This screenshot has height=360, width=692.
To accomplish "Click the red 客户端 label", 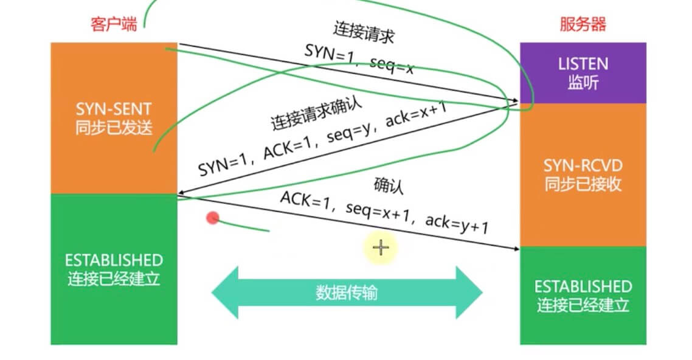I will click(x=114, y=25).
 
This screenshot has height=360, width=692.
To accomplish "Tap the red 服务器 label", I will click(x=583, y=25).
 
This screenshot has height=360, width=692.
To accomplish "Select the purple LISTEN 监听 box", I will click(x=583, y=73).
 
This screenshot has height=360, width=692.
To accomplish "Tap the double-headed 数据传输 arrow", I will click(x=347, y=292).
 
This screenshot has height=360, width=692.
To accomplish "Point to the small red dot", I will click(x=212, y=218).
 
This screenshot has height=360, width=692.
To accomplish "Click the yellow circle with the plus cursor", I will click(x=381, y=247).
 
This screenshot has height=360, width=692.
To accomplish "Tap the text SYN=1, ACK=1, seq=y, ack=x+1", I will click(x=323, y=139).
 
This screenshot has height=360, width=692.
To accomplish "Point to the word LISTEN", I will click(x=583, y=64).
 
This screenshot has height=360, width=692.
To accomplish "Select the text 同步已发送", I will click(x=114, y=128).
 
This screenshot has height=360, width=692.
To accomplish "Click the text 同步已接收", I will click(x=583, y=184).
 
